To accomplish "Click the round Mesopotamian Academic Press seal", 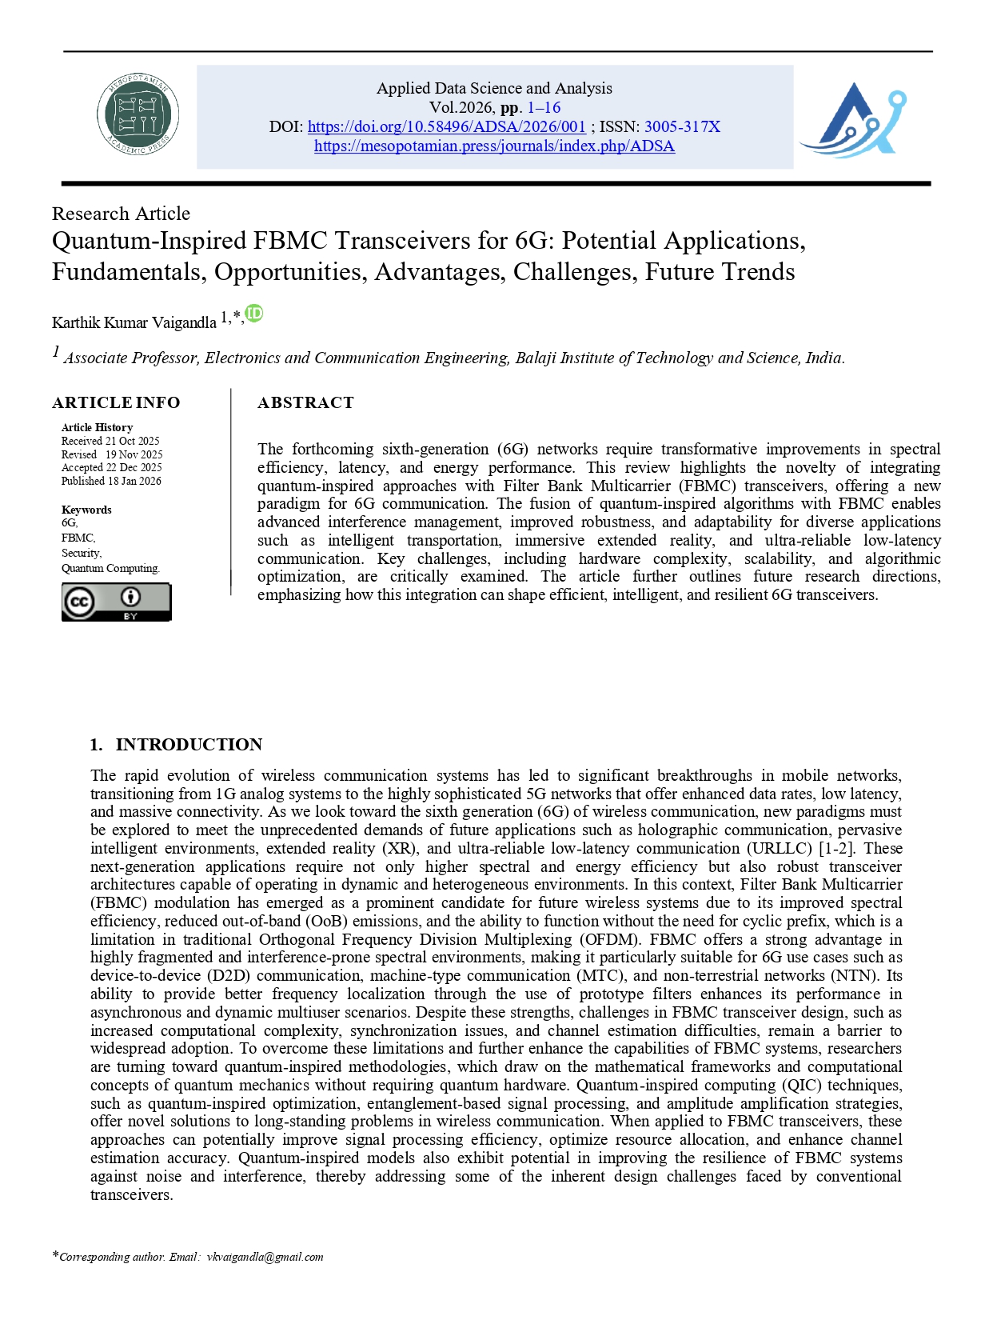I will (x=138, y=115).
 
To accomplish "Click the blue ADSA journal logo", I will (x=853, y=119).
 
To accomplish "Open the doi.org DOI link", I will (x=446, y=126).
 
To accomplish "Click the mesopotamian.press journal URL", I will (x=494, y=146).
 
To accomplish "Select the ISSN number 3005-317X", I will (x=682, y=126).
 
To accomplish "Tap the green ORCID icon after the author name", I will (x=254, y=314).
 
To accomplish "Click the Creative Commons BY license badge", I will (x=116, y=602).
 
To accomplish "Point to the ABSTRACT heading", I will (x=305, y=402).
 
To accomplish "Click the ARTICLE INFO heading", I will (x=116, y=402).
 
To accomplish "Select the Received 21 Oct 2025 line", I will (x=110, y=441).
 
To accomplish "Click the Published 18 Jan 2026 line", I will (x=111, y=481).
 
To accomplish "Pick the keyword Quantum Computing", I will (x=110, y=568).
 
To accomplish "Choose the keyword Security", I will (x=82, y=553).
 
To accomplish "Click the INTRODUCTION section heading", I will (x=189, y=744).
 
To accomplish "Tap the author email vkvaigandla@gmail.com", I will (x=265, y=1257).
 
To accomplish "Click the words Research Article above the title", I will (x=121, y=214).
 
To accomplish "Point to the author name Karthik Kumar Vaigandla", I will (x=134, y=322).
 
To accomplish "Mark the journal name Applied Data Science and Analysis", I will (x=494, y=88).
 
